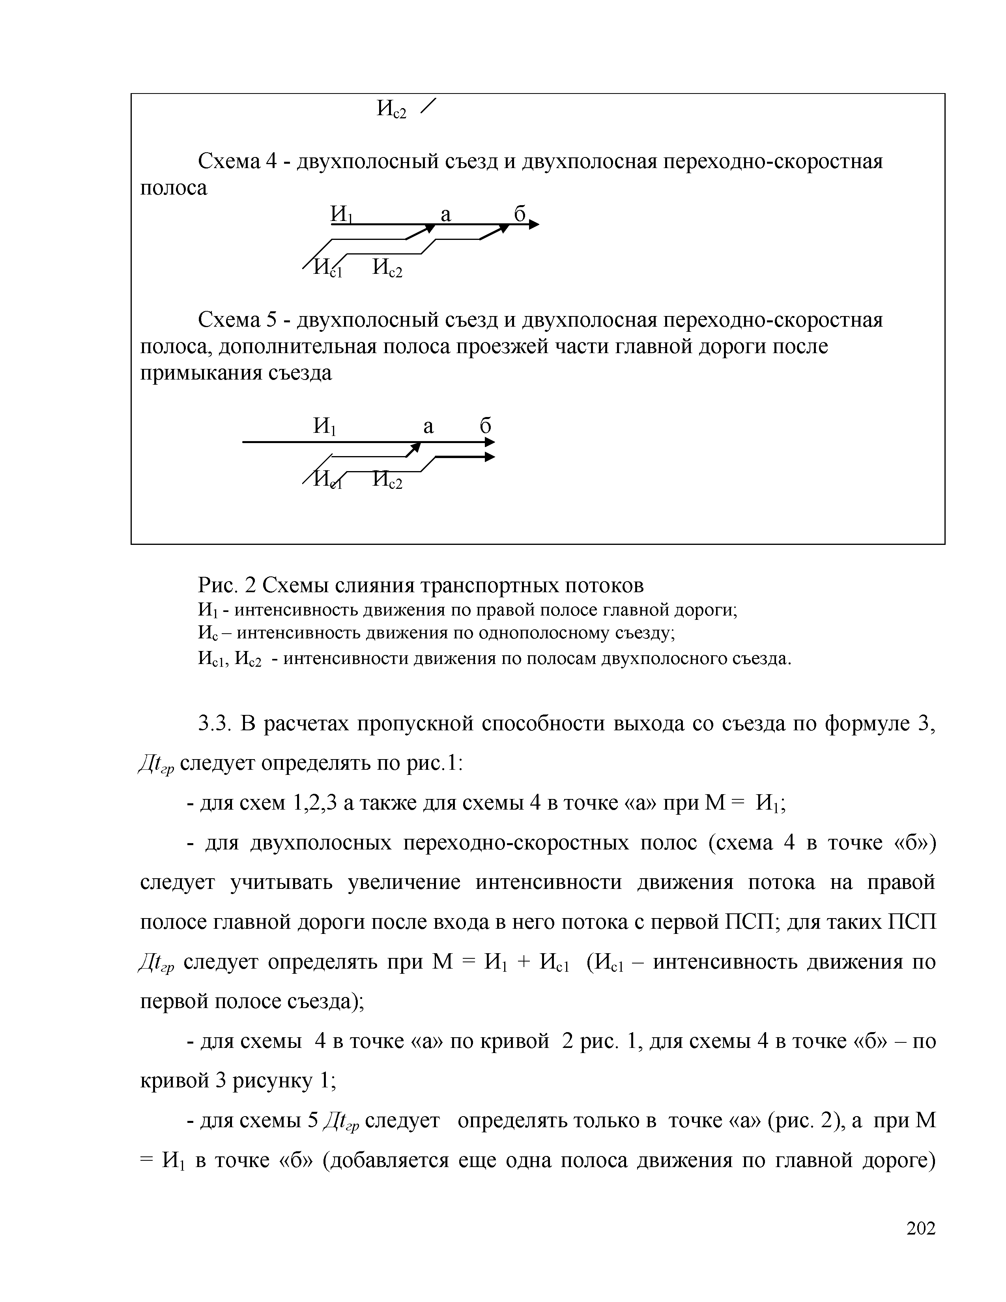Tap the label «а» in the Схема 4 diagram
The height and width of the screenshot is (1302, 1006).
446,215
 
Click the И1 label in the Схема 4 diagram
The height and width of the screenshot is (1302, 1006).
342,215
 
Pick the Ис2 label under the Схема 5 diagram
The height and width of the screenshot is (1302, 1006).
387,480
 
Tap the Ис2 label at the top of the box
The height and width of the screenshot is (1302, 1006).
392,109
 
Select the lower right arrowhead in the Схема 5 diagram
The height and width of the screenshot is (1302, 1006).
490,457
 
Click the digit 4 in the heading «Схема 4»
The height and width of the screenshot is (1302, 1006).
272,161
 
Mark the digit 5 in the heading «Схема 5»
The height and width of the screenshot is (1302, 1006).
272,321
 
